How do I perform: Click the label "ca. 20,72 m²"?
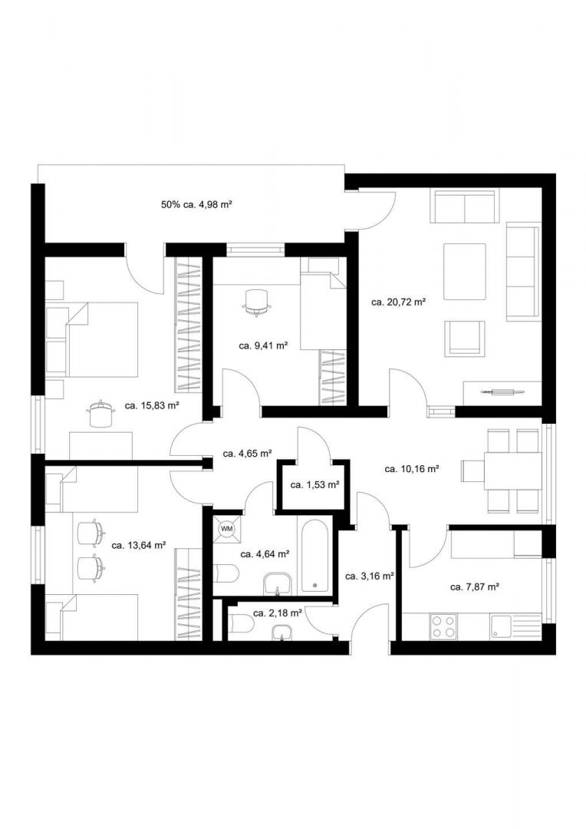click(x=398, y=302)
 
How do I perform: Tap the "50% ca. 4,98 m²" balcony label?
click(x=196, y=204)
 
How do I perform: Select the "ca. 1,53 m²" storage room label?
click(x=314, y=484)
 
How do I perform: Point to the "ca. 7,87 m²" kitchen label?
click(x=475, y=586)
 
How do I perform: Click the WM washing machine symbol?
click(x=227, y=529)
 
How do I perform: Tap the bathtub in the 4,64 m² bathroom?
click(x=314, y=557)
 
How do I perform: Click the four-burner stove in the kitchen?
click(x=443, y=626)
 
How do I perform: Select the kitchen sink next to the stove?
click(x=502, y=626)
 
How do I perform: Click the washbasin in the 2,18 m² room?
click(x=282, y=634)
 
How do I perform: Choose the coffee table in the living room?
click(x=465, y=272)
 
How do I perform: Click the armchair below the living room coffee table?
click(x=465, y=338)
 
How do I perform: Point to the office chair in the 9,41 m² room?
click(x=258, y=302)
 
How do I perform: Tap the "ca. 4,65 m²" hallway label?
click(x=248, y=454)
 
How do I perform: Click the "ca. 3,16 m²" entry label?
click(x=369, y=576)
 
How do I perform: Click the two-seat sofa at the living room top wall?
click(x=464, y=206)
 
